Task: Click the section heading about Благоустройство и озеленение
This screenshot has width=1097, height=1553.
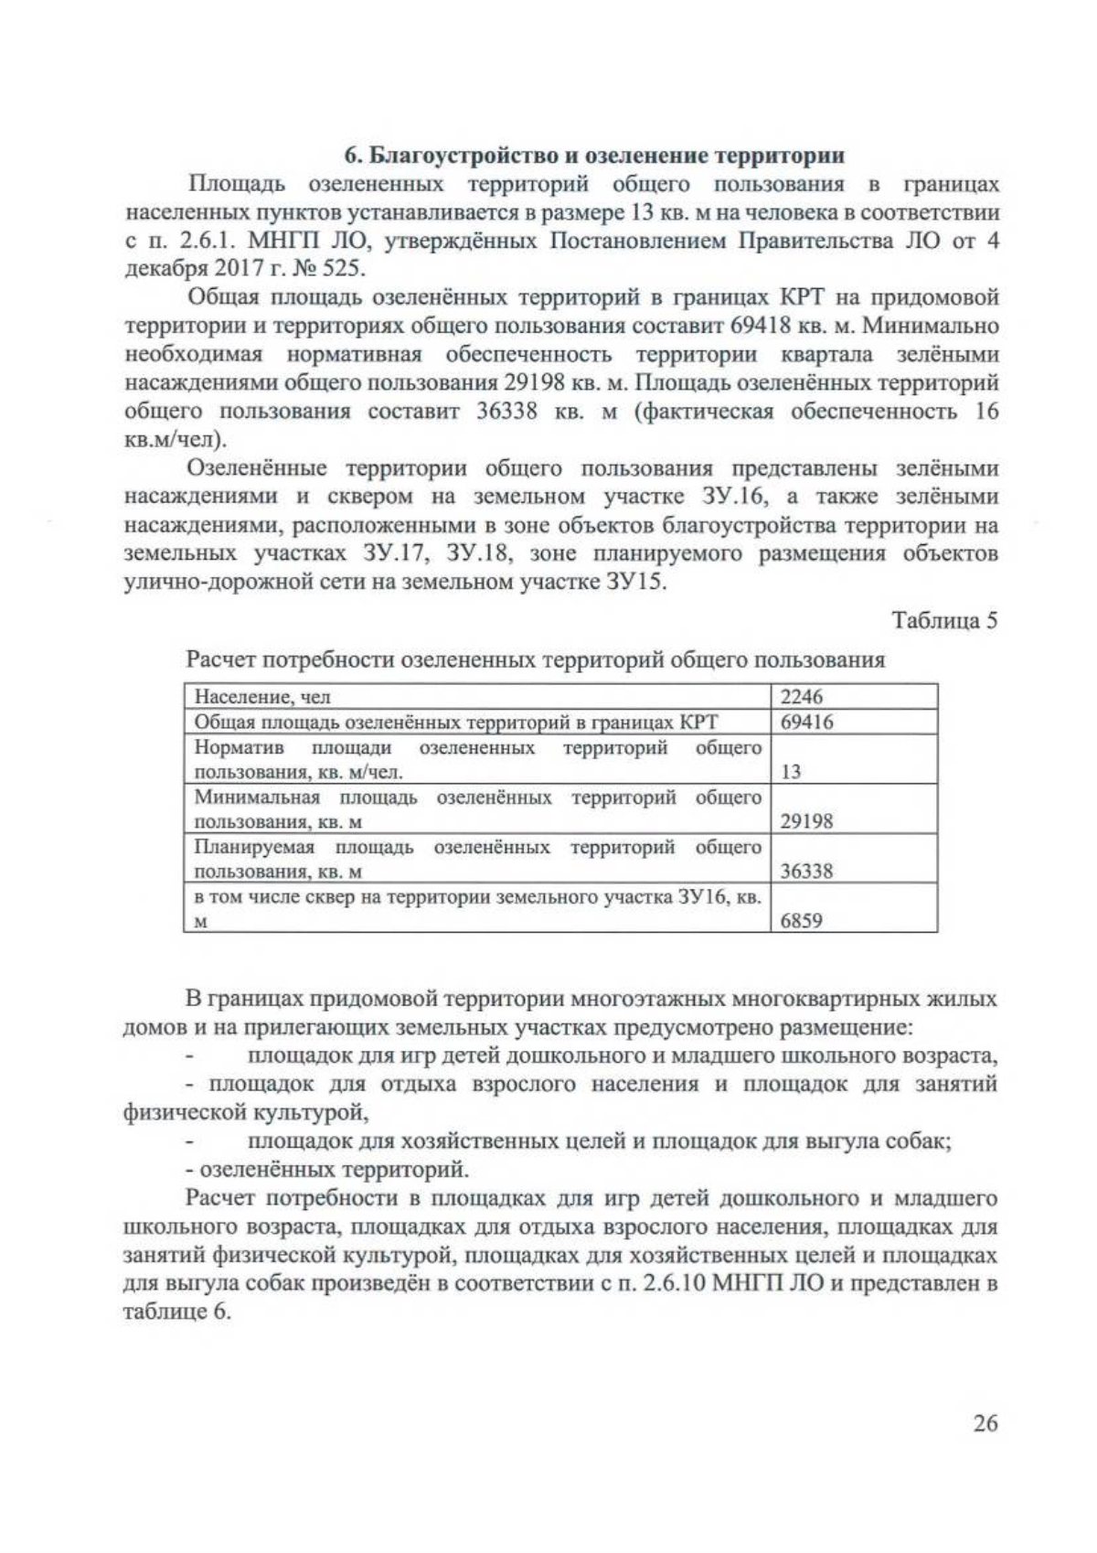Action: [x=592, y=155]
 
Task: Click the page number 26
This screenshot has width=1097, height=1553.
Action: [x=985, y=1424]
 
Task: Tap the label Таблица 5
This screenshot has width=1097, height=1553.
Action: [x=944, y=620]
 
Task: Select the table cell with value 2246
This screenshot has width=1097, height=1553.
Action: [x=802, y=697]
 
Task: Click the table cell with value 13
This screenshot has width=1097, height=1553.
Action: [x=791, y=771]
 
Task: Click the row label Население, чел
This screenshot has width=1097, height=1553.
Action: [x=263, y=697]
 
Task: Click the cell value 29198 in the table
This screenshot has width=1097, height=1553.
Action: [x=806, y=820]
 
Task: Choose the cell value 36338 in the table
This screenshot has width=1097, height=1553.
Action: [x=806, y=870]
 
